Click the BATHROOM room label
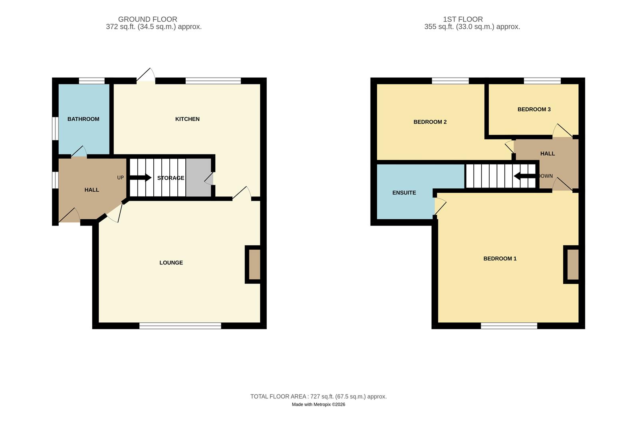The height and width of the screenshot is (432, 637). pyautogui.click(x=83, y=119)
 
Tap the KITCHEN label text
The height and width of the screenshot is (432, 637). pyautogui.click(x=187, y=119)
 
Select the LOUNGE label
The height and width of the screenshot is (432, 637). pyautogui.click(x=171, y=263)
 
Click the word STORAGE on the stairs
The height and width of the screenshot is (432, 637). pyautogui.click(x=171, y=178)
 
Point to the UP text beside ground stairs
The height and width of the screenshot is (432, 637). pyautogui.click(x=120, y=178)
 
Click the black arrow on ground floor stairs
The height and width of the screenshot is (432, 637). pyautogui.click(x=140, y=178)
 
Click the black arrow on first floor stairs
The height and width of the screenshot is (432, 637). pyautogui.click(x=524, y=176)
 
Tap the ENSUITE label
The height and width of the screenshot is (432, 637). pyautogui.click(x=404, y=193)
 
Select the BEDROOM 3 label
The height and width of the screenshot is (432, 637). pyautogui.click(x=534, y=109)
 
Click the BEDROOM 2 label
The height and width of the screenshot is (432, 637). pyautogui.click(x=430, y=122)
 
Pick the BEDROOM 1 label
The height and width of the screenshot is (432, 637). pyautogui.click(x=500, y=259)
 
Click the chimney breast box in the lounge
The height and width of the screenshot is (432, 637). pyautogui.click(x=254, y=264)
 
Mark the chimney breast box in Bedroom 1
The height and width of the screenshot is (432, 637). pyautogui.click(x=572, y=264)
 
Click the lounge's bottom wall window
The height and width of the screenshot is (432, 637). pyautogui.click(x=180, y=326)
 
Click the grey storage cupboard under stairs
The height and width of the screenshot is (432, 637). pyautogui.click(x=198, y=178)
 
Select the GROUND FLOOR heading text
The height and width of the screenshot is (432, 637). pyautogui.click(x=147, y=19)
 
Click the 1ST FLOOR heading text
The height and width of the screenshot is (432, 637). pyautogui.click(x=462, y=19)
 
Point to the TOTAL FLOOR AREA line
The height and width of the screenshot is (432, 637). pyautogui.click(x=318, y=397)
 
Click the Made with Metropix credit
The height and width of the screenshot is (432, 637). pyautogui.click(x=318, y=404)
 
